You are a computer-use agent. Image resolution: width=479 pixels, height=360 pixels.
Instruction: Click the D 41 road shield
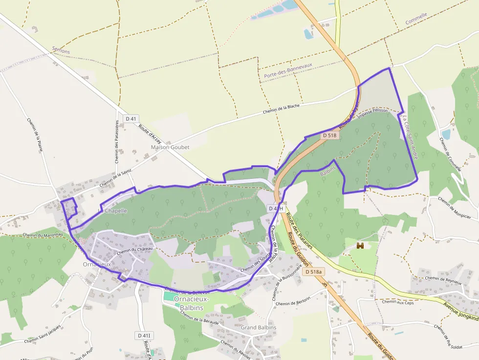(131, 118)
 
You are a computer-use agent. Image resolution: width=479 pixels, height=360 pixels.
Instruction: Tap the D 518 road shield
(330, 135)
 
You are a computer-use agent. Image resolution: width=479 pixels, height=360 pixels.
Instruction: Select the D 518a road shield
(313, 272)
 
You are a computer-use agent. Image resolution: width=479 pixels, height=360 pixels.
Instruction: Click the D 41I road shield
(144, 336)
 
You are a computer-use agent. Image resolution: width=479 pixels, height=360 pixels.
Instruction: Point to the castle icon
(361, 246)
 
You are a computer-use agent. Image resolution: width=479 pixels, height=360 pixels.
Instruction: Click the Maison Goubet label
(170, 147)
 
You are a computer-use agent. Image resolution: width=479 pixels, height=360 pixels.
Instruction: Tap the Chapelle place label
(116, 211)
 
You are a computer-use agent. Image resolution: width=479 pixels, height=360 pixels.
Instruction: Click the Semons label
(61, 50)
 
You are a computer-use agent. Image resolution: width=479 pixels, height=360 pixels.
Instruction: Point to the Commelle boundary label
(416, 19)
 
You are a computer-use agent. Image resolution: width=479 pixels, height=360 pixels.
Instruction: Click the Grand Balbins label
(258, 327)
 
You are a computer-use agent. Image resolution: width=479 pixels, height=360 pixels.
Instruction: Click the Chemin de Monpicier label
(455, 209)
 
